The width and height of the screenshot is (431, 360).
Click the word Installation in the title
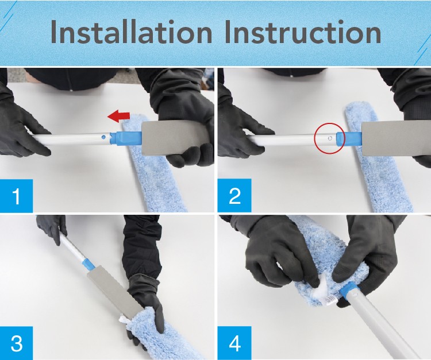point(132,32)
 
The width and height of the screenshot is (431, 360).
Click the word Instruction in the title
point(303,32)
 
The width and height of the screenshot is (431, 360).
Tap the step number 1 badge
point(17,196)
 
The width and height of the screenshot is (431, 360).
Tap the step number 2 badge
point(234,195)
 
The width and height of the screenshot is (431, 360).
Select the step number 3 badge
point(17,343)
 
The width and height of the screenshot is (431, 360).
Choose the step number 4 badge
point(234,343)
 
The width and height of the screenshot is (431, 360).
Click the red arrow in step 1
point(118,115)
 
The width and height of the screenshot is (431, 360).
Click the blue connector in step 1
point(125,138)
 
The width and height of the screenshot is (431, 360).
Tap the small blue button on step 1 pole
point(103,137)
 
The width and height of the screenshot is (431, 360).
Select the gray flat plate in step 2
point(396,141)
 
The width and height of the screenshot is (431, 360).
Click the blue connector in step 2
point(349,139)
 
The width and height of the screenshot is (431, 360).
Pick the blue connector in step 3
point(88,265)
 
